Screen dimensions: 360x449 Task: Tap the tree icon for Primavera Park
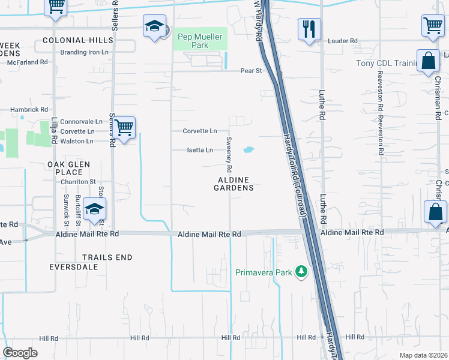(301, 273)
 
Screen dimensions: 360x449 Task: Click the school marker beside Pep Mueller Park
(154, 27)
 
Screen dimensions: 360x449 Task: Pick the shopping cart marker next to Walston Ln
(124, 127)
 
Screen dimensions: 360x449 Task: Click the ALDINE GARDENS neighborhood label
(234, 184)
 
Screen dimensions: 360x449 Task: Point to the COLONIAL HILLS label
(78, 40)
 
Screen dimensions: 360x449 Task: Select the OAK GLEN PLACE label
(68, 168)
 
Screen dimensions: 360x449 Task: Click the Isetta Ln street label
(200, 150)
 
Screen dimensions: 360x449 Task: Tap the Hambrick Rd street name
(29, 110)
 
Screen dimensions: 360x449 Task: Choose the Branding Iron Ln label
(84, 52)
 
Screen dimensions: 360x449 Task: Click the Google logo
(20, 353)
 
